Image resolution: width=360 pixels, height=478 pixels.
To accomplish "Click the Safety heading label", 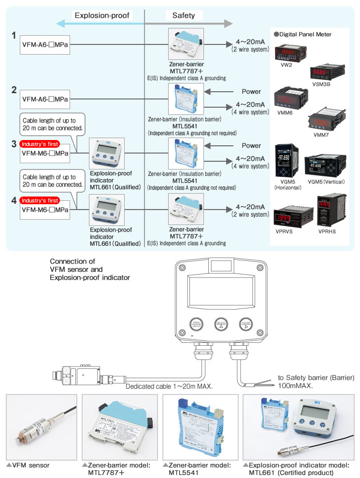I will [x=184, y=15].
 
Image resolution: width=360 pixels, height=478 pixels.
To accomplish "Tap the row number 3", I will [x=14, y=143].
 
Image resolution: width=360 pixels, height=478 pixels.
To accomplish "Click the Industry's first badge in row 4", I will [x=40, y=200].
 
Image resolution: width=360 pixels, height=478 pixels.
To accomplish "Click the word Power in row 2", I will [x=251, y=91].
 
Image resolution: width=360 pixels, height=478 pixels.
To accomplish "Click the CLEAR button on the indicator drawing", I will [x=246, y=324].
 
